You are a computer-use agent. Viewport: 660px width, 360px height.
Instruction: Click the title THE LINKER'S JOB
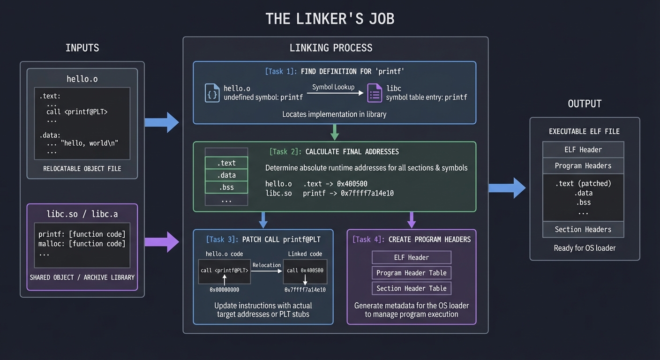click(330, 19)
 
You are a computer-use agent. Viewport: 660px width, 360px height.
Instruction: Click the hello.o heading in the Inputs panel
click(82, 79)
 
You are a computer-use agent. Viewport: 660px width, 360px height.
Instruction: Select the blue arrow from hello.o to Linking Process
click(162, 122)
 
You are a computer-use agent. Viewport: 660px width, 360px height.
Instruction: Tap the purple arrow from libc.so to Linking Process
click(162, 242)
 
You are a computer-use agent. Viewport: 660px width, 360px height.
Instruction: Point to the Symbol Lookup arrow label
click(333, 87)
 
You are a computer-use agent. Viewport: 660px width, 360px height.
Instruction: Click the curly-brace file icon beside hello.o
click(212, 93)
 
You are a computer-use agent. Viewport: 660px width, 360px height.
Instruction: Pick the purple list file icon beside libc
click(375, 93)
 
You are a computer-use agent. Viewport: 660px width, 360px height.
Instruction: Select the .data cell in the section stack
click(226, 175)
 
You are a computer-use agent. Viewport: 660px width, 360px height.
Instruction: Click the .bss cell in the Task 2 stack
click(226, 187)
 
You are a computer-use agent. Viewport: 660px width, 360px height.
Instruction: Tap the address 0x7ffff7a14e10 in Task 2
click(367, 193)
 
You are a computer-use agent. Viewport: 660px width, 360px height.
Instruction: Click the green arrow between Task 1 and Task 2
click(334, 132)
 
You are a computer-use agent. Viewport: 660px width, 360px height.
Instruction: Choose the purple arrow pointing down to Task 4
click(412, 219)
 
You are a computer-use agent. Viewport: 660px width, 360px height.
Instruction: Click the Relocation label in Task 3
click(267, 265)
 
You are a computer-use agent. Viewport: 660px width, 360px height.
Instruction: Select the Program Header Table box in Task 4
click(412, 273)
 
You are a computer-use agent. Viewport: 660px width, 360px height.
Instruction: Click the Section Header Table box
click(412, 288)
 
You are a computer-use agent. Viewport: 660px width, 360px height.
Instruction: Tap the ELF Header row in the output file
click(583, 150)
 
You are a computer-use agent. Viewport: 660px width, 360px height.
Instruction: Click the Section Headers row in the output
click(583, 229)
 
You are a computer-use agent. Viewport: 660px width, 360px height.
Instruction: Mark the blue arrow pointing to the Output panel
click(508, 188)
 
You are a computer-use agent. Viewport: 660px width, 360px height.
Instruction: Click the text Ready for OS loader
click(585, 248)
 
